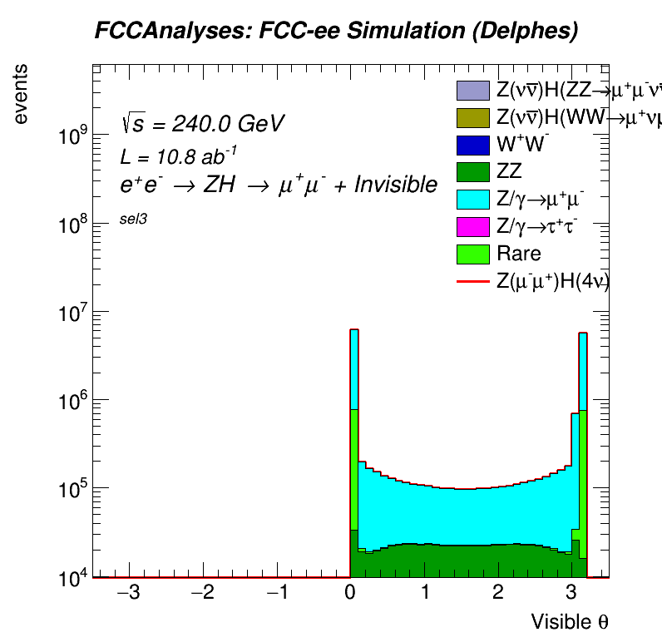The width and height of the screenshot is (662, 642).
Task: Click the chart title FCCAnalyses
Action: tap(336, 31)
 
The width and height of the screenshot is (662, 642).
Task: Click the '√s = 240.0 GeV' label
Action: tap(202, 125)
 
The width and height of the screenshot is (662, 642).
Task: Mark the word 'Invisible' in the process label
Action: tap(395, 185)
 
